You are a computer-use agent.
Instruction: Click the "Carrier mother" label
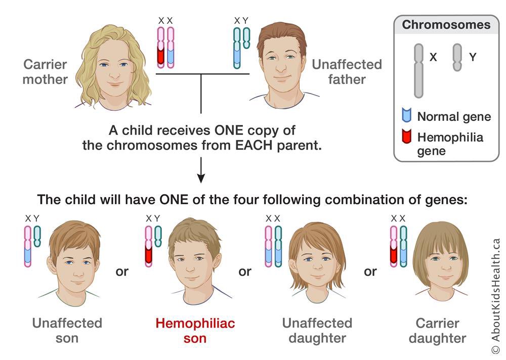45,72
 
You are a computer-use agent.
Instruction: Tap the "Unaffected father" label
347,72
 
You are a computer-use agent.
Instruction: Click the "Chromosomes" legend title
446,25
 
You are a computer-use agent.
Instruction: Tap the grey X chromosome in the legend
418,70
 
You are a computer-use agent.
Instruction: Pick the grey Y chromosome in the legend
457,57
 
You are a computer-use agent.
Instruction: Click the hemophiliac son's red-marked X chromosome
148,245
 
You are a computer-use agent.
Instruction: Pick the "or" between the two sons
122,272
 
